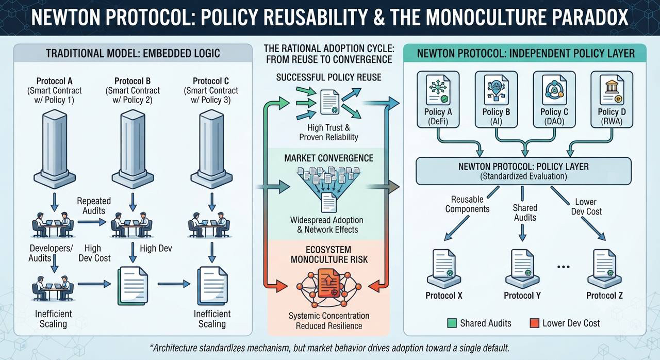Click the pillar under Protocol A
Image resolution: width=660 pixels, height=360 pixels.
pyautogui.click(x=55, y=149)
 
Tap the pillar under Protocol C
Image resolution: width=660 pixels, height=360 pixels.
pyautogui.click(x=211, y=149)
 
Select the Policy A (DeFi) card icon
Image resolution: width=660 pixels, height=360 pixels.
pyautogui.click(x=438, y=90)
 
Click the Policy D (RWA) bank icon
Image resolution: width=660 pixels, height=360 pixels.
pyautogui.click(x=612, y=90)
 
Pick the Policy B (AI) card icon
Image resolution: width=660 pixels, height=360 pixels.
pyautogui.click(x=496, y=90)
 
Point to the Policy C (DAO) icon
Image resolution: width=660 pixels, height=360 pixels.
pyautogui.click(x=554, y=90)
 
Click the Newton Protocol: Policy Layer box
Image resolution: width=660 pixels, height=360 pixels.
pyautogui.click(x=523, y=171)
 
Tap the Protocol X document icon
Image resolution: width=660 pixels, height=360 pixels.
pyautogui.click(x=444, y=268)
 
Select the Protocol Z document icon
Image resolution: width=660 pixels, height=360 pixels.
pyautogui.click(x=605, y=268)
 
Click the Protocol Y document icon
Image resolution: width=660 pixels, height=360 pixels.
pyautogui.click(x=522, y=268)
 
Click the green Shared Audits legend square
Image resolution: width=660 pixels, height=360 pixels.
pyautogui.click(x=452, y=323)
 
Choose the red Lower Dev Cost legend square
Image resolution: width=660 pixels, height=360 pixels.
pyautogui.click(x=534, y=323)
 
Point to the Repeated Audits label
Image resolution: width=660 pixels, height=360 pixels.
pyautogui.click(x=94, y=206)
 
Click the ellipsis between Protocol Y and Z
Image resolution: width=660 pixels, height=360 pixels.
pyautogui.click(x=564, y=267)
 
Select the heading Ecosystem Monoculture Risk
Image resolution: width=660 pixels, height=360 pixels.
pyautogui.click(x=329, y=255)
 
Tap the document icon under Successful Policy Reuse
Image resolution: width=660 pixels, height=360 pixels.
pyautogui.click(x=330, y=102)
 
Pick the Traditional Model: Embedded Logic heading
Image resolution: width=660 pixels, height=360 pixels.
pyautogui.click(x=133, y=53)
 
